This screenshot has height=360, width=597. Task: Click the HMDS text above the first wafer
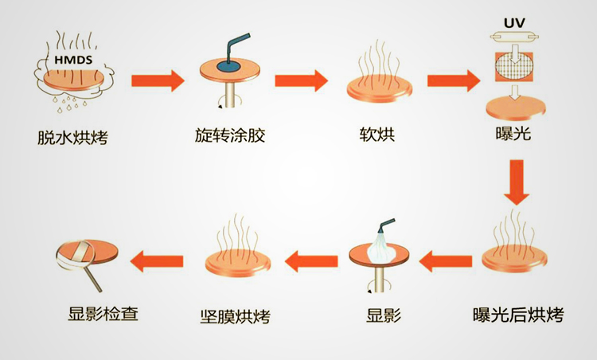tap(71, 61)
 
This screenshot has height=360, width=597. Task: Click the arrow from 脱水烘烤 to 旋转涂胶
tap(157, 81)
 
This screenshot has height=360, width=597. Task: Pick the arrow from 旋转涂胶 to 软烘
tap(302, 81)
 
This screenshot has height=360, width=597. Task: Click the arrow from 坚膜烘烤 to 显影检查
tap(157, 258)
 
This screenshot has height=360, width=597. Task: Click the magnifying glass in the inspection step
tap(76, 260)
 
